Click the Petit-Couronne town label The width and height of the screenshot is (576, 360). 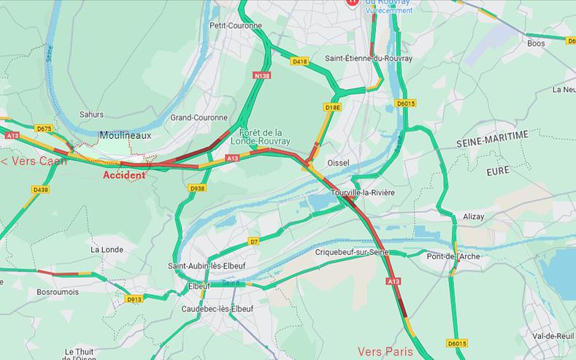[x=235, y=26]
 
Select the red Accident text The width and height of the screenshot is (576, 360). [x=124, y=175]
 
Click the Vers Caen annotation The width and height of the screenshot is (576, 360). [x=34, y=161]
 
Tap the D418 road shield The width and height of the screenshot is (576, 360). [x=299, y=62]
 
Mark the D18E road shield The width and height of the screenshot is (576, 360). [x=332, y=107]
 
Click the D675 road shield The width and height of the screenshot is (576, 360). [x=44, y=129]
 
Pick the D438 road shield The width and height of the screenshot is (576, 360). [x=41, y=190]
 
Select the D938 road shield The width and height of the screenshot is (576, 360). [x=197, y=188]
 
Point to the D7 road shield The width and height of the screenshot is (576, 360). [x=254, y=240]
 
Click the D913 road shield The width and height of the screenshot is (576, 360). [x=134, y=299]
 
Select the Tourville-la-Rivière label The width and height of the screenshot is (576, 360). [x=363, y=192]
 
